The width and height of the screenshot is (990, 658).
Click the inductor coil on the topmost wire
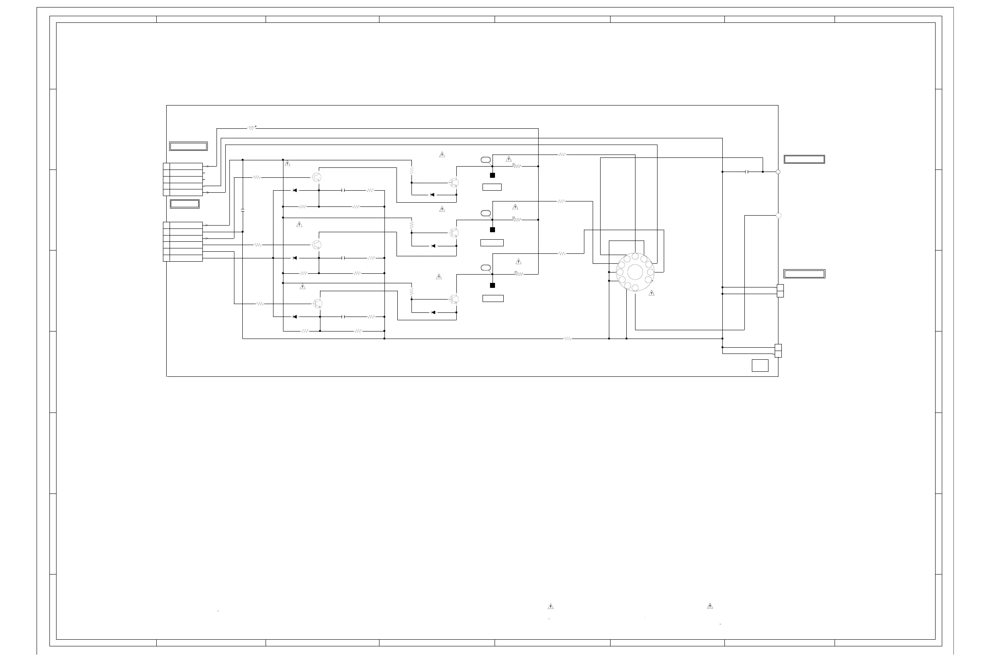[x=251, y=128]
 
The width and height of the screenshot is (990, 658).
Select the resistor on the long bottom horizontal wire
[x=567, y=339]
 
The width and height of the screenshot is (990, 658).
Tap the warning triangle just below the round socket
[x=651, y=293]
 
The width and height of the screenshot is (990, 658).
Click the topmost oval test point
[x=485, y=160]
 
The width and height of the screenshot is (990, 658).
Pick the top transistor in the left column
[x=317, y=177]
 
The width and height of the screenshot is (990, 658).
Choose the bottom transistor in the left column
[x=318, y=303]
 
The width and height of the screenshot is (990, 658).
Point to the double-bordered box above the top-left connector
[x=188, y=146]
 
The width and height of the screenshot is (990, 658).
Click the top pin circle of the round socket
[x=635, y=256]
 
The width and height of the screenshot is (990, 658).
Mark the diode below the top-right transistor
[x=432, y=195]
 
